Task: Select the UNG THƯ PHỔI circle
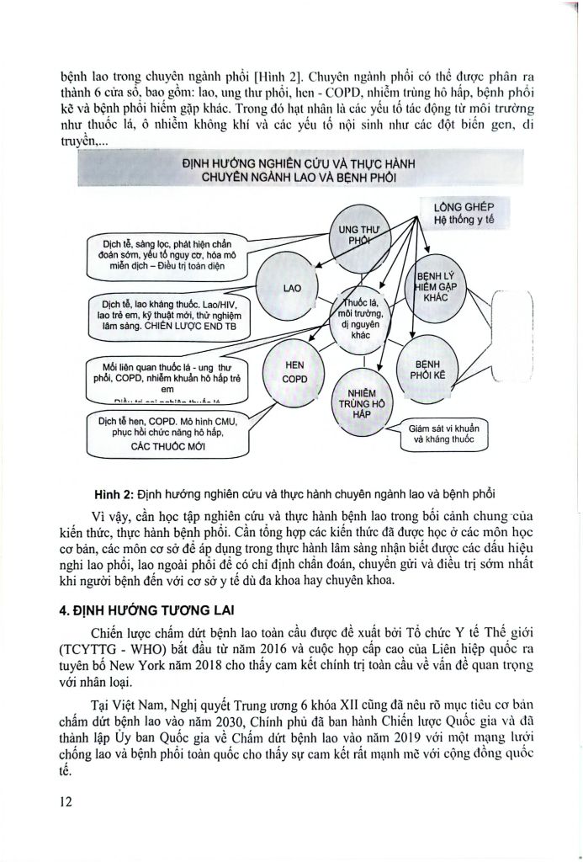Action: click(x=356, y=236)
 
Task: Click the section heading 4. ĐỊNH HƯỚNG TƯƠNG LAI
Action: click(x=146, y=612)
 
